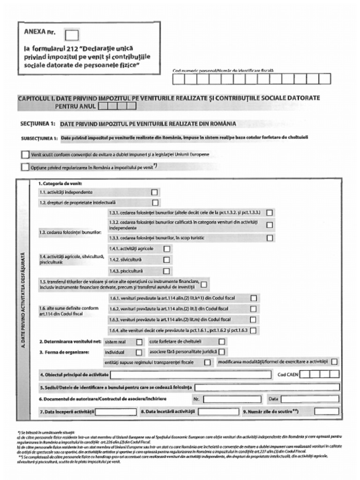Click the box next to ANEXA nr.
pos(72,35)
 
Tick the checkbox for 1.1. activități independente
pos(154,192)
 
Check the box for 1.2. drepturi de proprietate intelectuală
pos(155,203)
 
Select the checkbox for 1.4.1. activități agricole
pos(166,248)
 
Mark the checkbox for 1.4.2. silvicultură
pos(166,260)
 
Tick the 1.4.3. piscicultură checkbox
pos(166,271)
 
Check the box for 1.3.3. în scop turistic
pos(270,238)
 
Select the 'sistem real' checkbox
pos(139,342)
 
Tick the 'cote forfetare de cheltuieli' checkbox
pos(222,342)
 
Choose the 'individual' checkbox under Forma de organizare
pos(139,352)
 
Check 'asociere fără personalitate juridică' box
pos(222,352)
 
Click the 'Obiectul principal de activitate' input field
pos(191,375)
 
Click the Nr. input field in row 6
pos(232,399)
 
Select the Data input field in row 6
pos(310,399)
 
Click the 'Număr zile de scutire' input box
pos(327,412)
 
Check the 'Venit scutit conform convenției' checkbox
pos(25,155)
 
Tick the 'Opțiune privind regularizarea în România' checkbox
pos(25,167)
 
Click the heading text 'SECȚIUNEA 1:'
pos(38,124)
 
